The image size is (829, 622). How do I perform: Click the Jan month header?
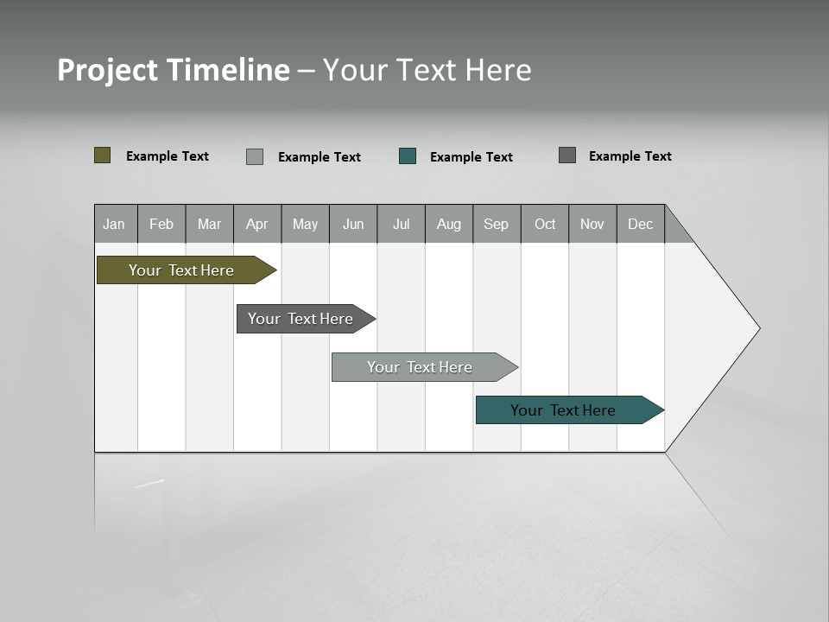coord(115,224)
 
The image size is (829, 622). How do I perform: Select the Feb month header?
coord(161,224)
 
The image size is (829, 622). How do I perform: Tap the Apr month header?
coord(257,224)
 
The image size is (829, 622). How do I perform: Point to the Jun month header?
coord(353,224)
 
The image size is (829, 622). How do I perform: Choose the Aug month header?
coord(449,224)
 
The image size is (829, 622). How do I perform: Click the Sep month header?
coord(497,224)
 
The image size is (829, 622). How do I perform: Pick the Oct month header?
coord(545,224)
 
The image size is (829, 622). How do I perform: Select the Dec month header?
coord(641,224)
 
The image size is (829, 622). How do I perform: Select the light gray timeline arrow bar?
coord(421,367)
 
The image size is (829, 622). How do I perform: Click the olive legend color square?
coord(103,155)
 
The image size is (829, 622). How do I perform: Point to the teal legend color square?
coord(408,156)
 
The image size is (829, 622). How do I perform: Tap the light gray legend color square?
coord(255,156)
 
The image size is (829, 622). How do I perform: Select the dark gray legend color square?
coord(567,155)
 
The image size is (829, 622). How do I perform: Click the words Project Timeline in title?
coord(173,70)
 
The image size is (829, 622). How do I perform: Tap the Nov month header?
coord(592,224)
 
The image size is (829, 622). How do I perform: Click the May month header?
coord(305,224)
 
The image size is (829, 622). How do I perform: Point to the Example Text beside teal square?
coord(471,156)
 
